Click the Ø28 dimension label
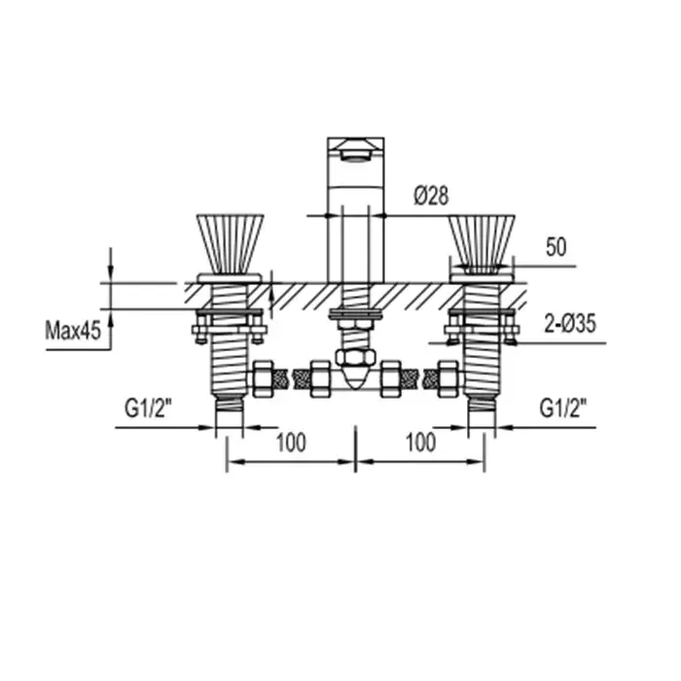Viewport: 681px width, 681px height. (x=431, y=196)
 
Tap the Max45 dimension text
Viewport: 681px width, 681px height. (x=73, y=331)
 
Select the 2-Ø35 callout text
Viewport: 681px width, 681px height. (x=570, y=324)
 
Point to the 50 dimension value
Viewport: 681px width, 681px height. (x=556, y=247)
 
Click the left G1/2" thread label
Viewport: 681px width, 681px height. (x=148, y=409)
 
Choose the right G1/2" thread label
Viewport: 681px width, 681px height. (x=563, y=409)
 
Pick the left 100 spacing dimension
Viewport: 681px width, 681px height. (x=291, y=443)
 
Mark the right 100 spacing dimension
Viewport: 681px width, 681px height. (x=420, y=443)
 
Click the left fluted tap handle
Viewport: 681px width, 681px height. (x=230, y=243)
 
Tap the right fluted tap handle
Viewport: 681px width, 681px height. (x=482, y=243)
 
